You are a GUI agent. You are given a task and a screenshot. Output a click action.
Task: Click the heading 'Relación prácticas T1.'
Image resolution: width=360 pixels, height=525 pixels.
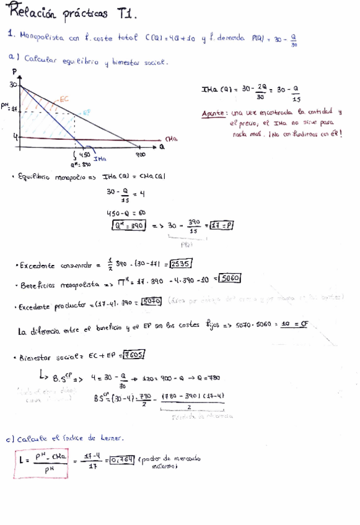(x=73, y=12)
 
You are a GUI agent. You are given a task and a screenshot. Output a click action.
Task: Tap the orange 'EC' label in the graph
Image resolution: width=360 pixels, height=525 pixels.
(x=64, y=98)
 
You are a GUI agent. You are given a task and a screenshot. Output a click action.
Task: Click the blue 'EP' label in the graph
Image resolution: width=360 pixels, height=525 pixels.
(x=87, y=113)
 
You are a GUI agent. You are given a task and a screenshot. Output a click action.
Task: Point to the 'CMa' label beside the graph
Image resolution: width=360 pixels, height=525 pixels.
(x=172, y=140)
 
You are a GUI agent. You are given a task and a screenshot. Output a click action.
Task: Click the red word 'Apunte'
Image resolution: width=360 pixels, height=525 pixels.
(x=214, y=113)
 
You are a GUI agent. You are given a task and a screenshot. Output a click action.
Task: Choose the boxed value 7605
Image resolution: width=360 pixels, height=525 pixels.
(x=133, y=354)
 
